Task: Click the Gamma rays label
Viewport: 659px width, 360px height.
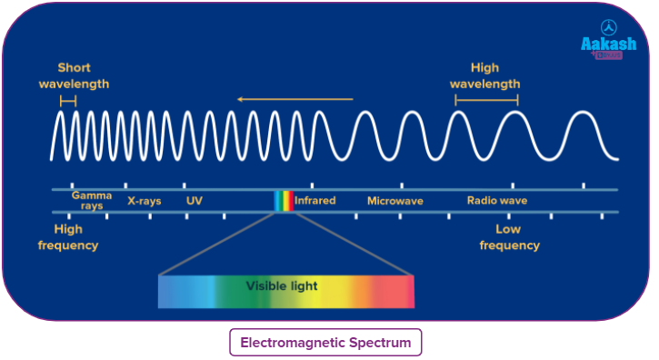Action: (x=92, y=200)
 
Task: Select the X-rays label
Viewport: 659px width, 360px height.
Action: (x=144, y=200)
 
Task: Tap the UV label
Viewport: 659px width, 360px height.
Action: (x=194, y=200)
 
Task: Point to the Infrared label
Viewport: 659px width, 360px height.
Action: (x=315, y=200)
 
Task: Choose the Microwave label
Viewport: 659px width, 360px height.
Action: (x=394, y=200)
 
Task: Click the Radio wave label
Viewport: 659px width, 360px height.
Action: (x=496, y=200)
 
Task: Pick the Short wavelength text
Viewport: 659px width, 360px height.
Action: (x=74, y=75)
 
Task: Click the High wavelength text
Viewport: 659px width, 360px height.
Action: (x=486, y=75)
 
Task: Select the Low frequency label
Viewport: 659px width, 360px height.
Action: (x=509, y=237)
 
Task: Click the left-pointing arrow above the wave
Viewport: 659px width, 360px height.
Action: (x=294, y=98)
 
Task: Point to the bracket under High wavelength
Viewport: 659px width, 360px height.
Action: (x=486, y=100)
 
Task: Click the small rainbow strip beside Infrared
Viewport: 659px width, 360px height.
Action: (x=284, y=201)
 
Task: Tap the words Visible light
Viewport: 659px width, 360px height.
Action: (x=282, y=286)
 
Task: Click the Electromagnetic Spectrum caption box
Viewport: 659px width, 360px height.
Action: (x=325, y=343)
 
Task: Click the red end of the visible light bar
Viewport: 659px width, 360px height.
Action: (x=400, y=291)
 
